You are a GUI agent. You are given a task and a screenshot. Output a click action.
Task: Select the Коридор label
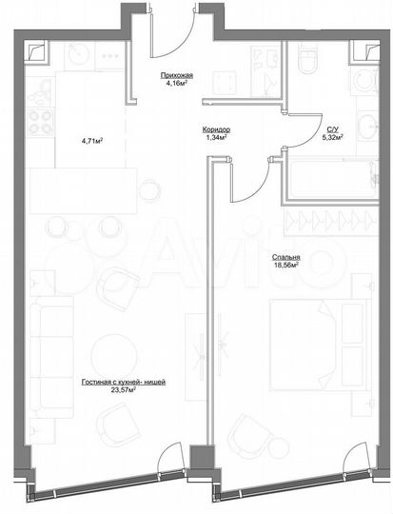point(216,128)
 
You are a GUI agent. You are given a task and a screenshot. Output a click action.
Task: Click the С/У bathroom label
point(334,128)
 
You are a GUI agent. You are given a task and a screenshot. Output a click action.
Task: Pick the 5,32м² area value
point(334,137)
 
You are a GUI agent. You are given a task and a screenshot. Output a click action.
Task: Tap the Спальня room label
point(285,257)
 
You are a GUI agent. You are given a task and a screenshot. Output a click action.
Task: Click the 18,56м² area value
point(285,266)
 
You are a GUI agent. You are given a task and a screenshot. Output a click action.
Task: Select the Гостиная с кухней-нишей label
point(124,381)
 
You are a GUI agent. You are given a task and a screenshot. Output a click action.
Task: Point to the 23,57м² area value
point(124,389)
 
